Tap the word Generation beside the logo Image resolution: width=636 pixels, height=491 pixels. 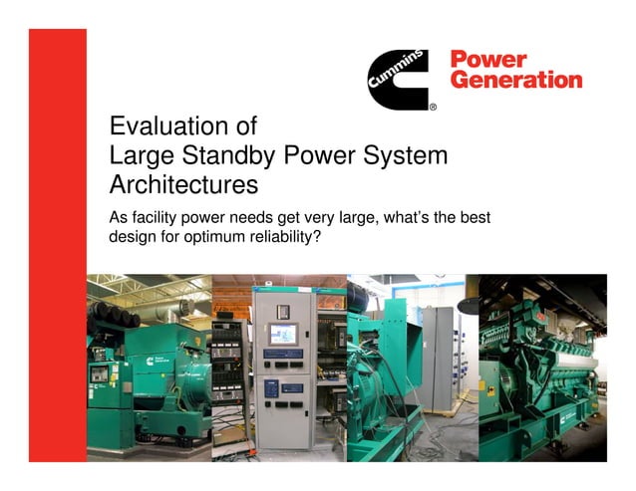pos(516,80)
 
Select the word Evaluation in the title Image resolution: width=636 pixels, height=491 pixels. pos(169,127)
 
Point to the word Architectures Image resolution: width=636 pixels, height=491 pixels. pos(183,184)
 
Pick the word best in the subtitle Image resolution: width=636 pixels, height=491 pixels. pos(474,218)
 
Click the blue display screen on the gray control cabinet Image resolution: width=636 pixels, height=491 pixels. pos(280,336)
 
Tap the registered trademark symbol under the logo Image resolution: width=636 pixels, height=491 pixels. pos(433,106)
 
